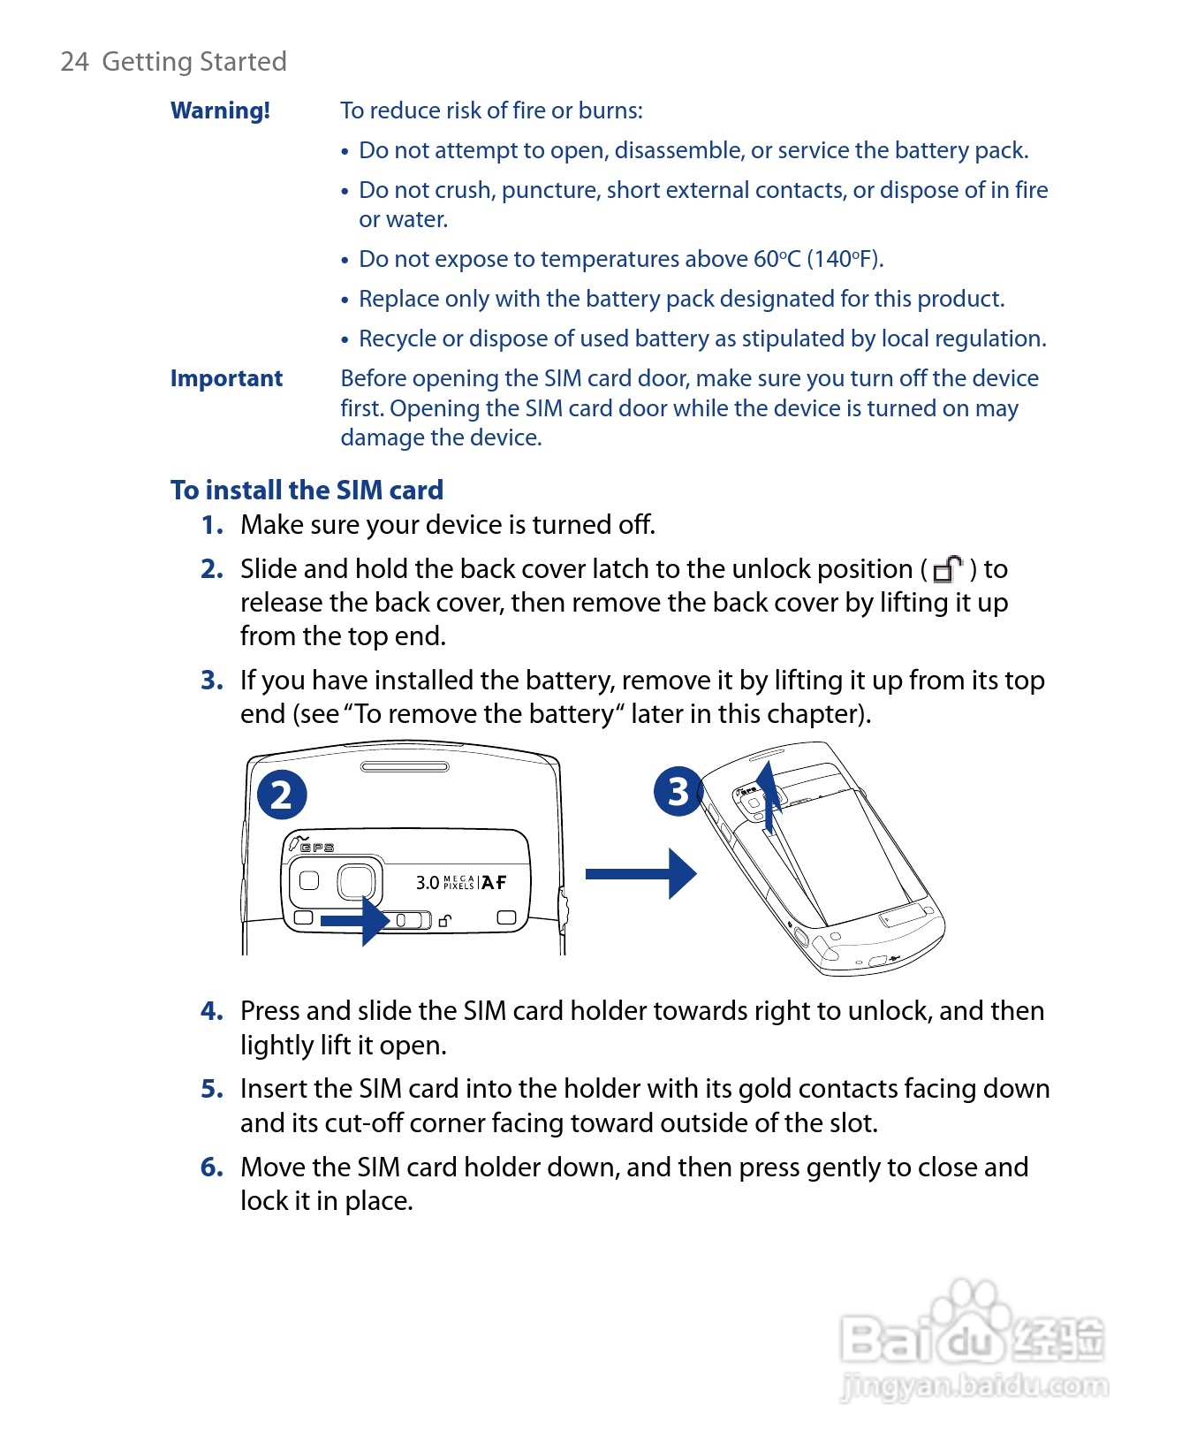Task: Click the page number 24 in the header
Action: pos(74,62)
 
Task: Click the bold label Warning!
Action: pos(220,110)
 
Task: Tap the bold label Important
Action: pos(226,378)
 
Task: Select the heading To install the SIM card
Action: pos(307,490)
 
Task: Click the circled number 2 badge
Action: pos(282,794)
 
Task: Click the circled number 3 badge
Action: pos(678,791)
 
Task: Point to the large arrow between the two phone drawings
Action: pos(640,874)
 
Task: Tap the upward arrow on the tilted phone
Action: pos(770,795)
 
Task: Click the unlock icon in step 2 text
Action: pos(947,569)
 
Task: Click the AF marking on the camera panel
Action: pos(494,882)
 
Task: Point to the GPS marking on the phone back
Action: pos(316,848)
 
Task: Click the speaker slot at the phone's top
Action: pos(405,766)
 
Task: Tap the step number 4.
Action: pos(211,1011)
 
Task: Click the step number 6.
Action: pos(211,1168)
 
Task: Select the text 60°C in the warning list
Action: pos(777,259)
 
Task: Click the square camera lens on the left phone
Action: pos(356,881)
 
